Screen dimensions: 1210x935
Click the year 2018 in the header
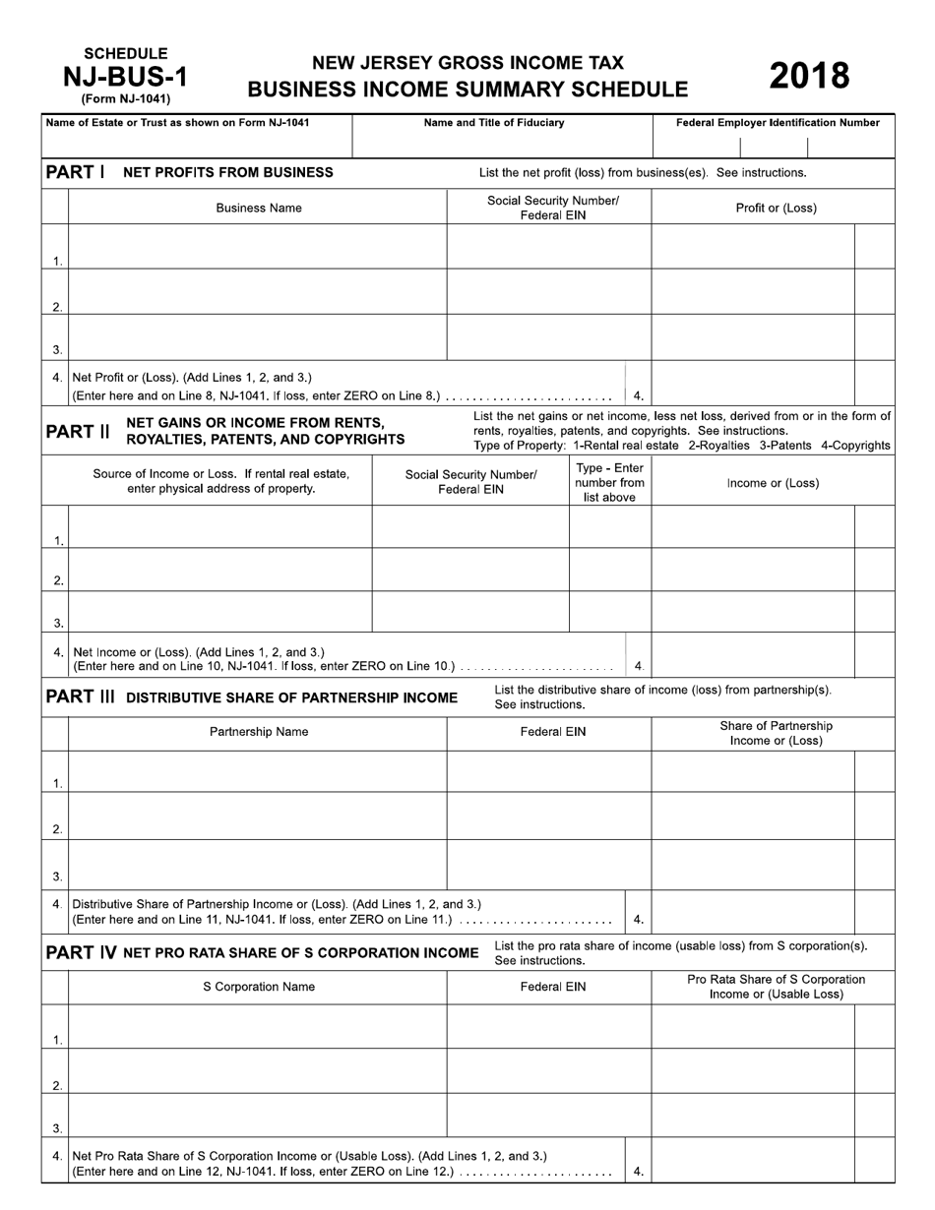point(808,76)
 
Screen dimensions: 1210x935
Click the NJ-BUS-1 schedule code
point(125,76)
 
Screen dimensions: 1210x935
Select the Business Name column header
point(259,208)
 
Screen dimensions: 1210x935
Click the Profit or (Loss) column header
point(776,208)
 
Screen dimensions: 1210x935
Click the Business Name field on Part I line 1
point(258,247)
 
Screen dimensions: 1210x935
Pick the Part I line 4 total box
point(753,384)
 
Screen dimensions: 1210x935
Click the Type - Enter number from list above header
point(609,482)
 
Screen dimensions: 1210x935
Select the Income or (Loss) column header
point(773,483)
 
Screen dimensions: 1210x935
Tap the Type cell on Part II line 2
point(609,570)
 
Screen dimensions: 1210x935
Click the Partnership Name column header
point(259,731)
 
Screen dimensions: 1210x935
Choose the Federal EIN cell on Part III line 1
point(548,771)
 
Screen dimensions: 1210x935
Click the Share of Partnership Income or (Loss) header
point(776,733)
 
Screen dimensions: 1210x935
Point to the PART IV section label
point(81,952)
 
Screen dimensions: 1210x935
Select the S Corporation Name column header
point(259,986)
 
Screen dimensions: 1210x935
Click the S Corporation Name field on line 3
point(258,1115)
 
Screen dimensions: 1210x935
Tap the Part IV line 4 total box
point(753,1160)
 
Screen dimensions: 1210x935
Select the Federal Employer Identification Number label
point(778,123)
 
